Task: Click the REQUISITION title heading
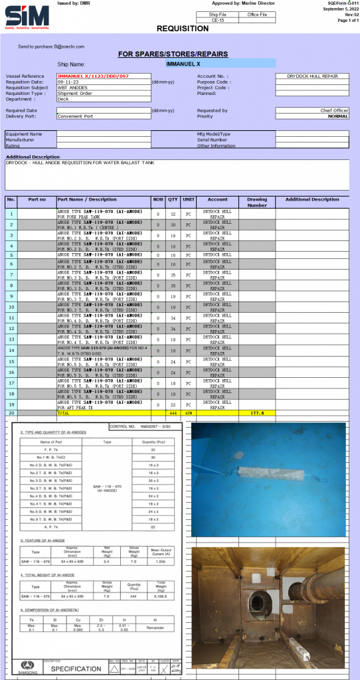pyautogui.click(x=182, y=29)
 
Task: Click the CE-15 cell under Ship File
pyautogui.click(x=217, y=21)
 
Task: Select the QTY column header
pyautogui.click(x=173, y=199)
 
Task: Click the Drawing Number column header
pyautogui.click(x=257, y=201)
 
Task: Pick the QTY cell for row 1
pyautogui.click(x=173, y=214)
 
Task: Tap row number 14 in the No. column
pyautogui.click(x=11, y=350)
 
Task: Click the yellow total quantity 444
pyautogui.click(x=173, y=412)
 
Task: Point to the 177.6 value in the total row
pyautogui.click(x=257, y=412)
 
